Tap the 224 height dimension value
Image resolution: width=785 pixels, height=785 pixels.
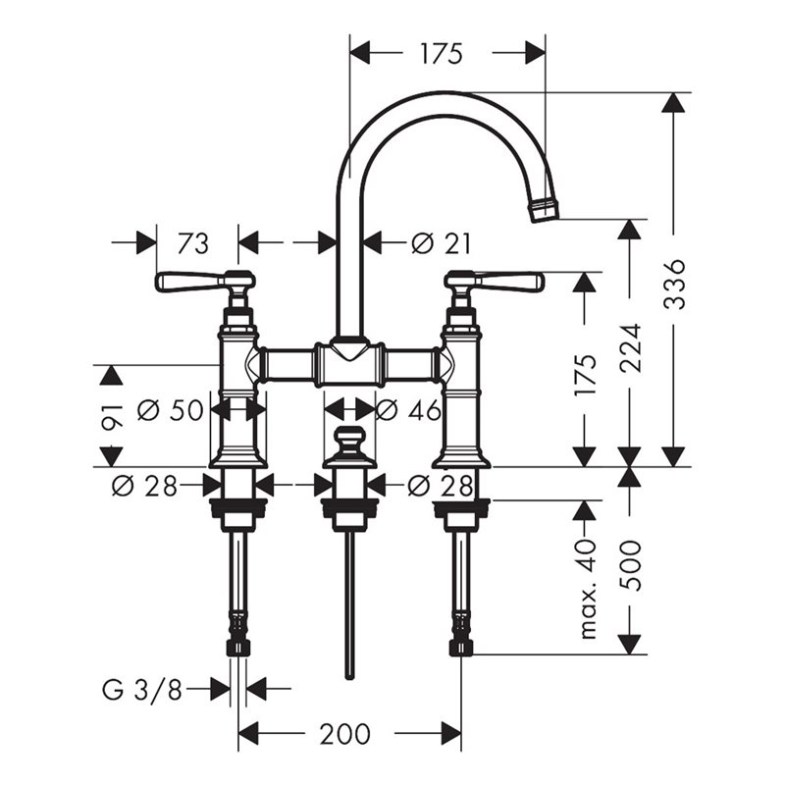click(630, 348)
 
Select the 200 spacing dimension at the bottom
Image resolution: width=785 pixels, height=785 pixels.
click(345, 734)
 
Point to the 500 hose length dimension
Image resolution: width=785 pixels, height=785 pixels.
click(630, 565)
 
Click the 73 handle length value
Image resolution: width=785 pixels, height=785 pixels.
click(193, 243)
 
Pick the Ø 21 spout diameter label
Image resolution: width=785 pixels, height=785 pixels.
click(441, 243)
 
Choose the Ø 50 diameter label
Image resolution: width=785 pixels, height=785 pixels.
click(170, 410)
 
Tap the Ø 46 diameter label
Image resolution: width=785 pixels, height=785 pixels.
click(408, 410)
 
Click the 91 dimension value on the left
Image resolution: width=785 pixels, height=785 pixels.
click(111, 416)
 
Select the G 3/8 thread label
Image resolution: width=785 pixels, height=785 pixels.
click(141, 691)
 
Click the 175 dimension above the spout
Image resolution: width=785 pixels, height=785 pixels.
click(441, 54)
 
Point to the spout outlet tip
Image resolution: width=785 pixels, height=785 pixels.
click(545, 210)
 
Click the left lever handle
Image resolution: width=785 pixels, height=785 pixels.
click(190, 282)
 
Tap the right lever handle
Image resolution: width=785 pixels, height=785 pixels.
click(509, 282)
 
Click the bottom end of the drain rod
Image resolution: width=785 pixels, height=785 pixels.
click(349, 676)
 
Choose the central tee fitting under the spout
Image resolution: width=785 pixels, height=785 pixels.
click(349, 364)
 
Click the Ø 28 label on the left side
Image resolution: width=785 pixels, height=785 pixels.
click(144, 485)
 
